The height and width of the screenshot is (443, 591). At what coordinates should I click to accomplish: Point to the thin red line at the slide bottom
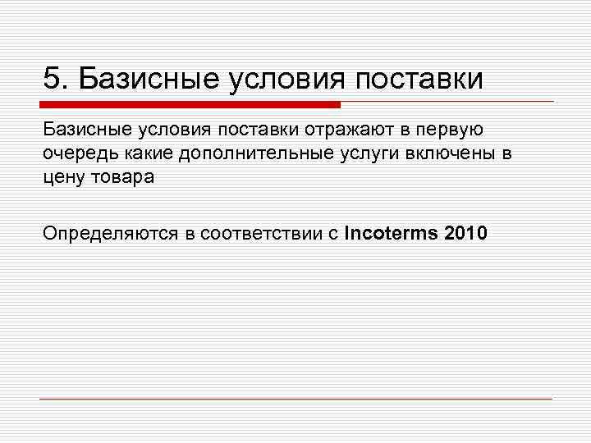(x=295, y=399)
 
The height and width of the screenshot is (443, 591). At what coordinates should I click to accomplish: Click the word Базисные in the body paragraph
(x=80, y=129)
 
